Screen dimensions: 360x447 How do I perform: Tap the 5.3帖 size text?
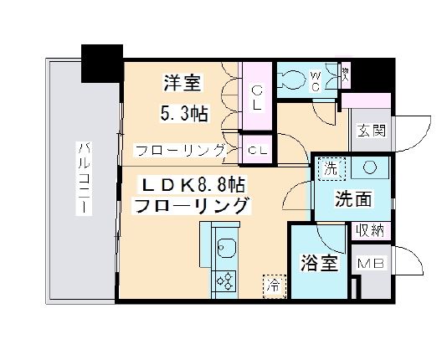point(185,113)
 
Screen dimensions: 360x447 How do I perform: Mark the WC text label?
point(316,82)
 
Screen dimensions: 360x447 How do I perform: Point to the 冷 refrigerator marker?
point(272,284)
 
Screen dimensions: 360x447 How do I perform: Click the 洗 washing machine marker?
point(330,167)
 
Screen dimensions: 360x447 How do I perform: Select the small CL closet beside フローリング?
point(257,150)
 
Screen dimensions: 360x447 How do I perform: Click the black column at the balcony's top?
point(102,61)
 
